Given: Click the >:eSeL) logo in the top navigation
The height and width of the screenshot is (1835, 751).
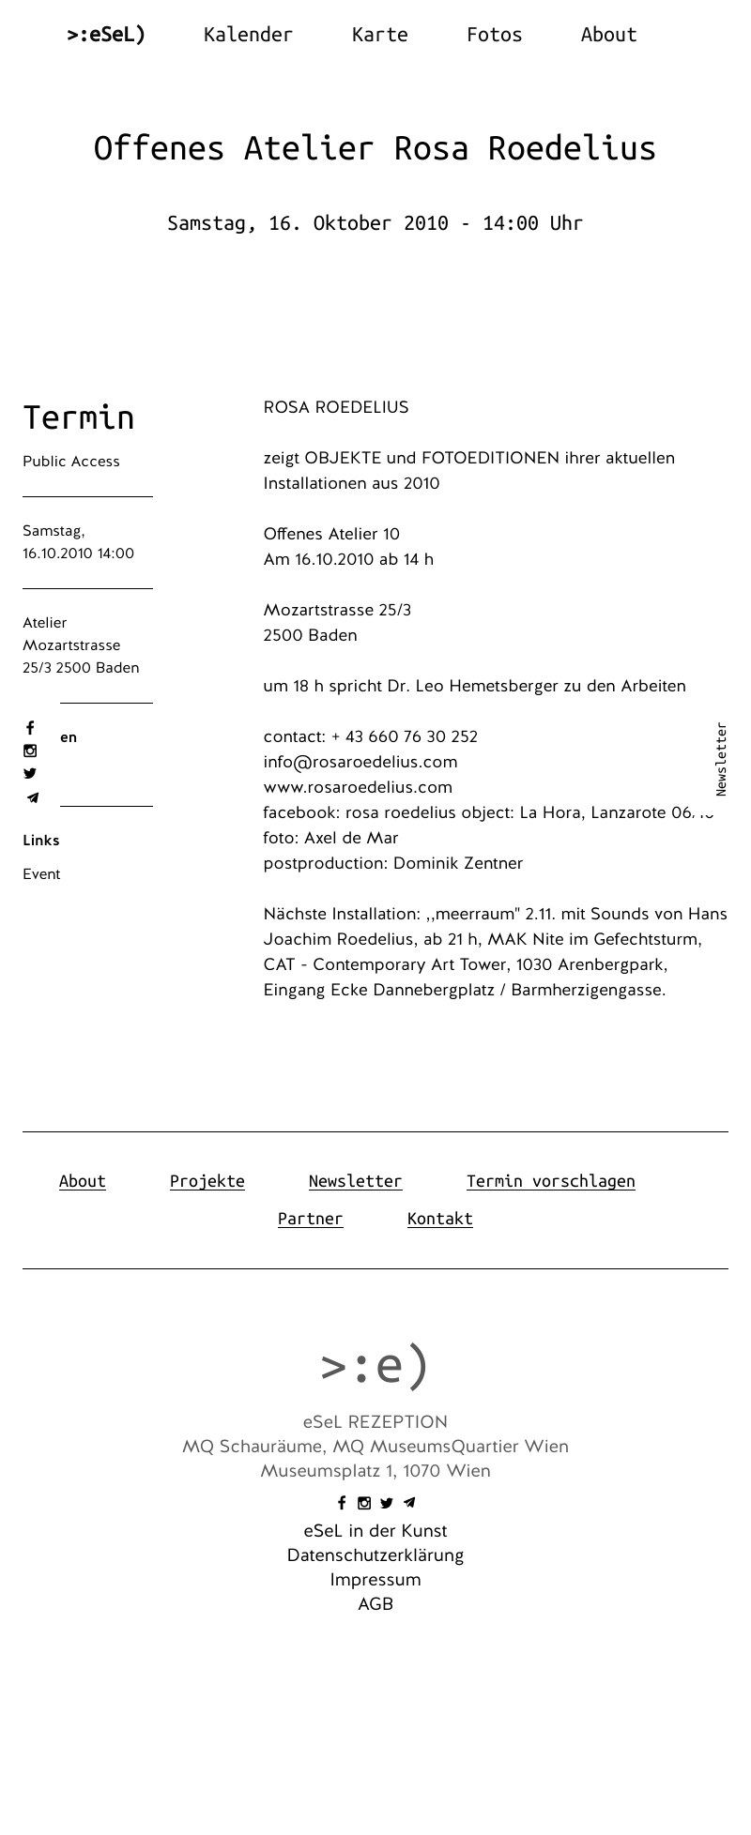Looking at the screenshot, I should [106, 35].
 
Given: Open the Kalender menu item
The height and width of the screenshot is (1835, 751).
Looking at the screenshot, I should [248, 35].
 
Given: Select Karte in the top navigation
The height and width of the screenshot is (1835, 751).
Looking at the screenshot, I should [379, 35].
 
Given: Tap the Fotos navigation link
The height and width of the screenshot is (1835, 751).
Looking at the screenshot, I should [494, 35].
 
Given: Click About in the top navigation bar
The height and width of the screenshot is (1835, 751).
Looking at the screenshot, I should [608, 35].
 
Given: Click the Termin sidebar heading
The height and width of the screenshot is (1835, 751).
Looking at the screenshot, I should [79, 417].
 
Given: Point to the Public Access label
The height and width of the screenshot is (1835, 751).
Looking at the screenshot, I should [71, 462].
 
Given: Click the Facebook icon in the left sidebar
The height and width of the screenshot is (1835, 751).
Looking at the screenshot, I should [30, 728].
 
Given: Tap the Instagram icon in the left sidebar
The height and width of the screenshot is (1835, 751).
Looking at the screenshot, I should [30, 751].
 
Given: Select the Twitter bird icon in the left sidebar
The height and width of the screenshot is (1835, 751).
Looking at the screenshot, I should [30, 774].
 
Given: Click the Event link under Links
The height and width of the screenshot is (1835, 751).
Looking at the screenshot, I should [41, 874].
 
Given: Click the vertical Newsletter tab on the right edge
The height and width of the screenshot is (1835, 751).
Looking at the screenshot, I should [721, 759].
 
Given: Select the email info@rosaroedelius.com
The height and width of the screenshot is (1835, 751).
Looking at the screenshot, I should [360, 762].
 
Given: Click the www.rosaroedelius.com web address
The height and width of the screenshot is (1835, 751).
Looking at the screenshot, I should [358, 787].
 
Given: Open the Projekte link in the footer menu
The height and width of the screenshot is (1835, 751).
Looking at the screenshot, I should [207, 1181].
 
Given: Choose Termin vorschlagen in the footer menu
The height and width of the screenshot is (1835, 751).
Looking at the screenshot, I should [551, 1181].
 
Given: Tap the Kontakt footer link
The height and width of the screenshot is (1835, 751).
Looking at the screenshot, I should [440, 1219].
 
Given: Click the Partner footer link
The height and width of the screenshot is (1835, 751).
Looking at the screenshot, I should [311, 1219].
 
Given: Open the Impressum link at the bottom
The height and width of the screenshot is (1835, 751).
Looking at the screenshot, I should [375, 1580].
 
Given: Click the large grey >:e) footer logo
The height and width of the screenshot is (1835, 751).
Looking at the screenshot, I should [375, 1366].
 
